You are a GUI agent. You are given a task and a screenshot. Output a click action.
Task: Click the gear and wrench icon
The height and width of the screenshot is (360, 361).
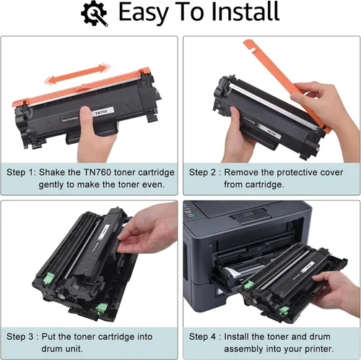tap(95, 13)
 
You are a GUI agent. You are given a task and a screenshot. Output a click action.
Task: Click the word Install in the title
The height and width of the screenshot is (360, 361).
tap(245, 12)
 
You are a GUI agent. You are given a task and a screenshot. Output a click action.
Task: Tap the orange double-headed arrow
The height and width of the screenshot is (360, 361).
tap(77, 74)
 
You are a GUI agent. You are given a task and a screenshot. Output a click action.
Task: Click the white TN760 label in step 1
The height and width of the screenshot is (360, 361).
tap(101, 112)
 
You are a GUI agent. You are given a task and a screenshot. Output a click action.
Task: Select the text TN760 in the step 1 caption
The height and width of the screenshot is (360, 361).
tap(97, 172)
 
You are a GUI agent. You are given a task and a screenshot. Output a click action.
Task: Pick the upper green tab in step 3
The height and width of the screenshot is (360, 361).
tap(48, 278)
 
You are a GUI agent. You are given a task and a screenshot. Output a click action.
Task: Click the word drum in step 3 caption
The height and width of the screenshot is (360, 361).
tap(51, 348)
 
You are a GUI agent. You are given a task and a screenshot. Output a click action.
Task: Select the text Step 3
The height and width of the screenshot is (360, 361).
tap(19, 337)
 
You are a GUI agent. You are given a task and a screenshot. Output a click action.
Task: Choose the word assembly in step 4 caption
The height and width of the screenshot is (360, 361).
tap(243, 349)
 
